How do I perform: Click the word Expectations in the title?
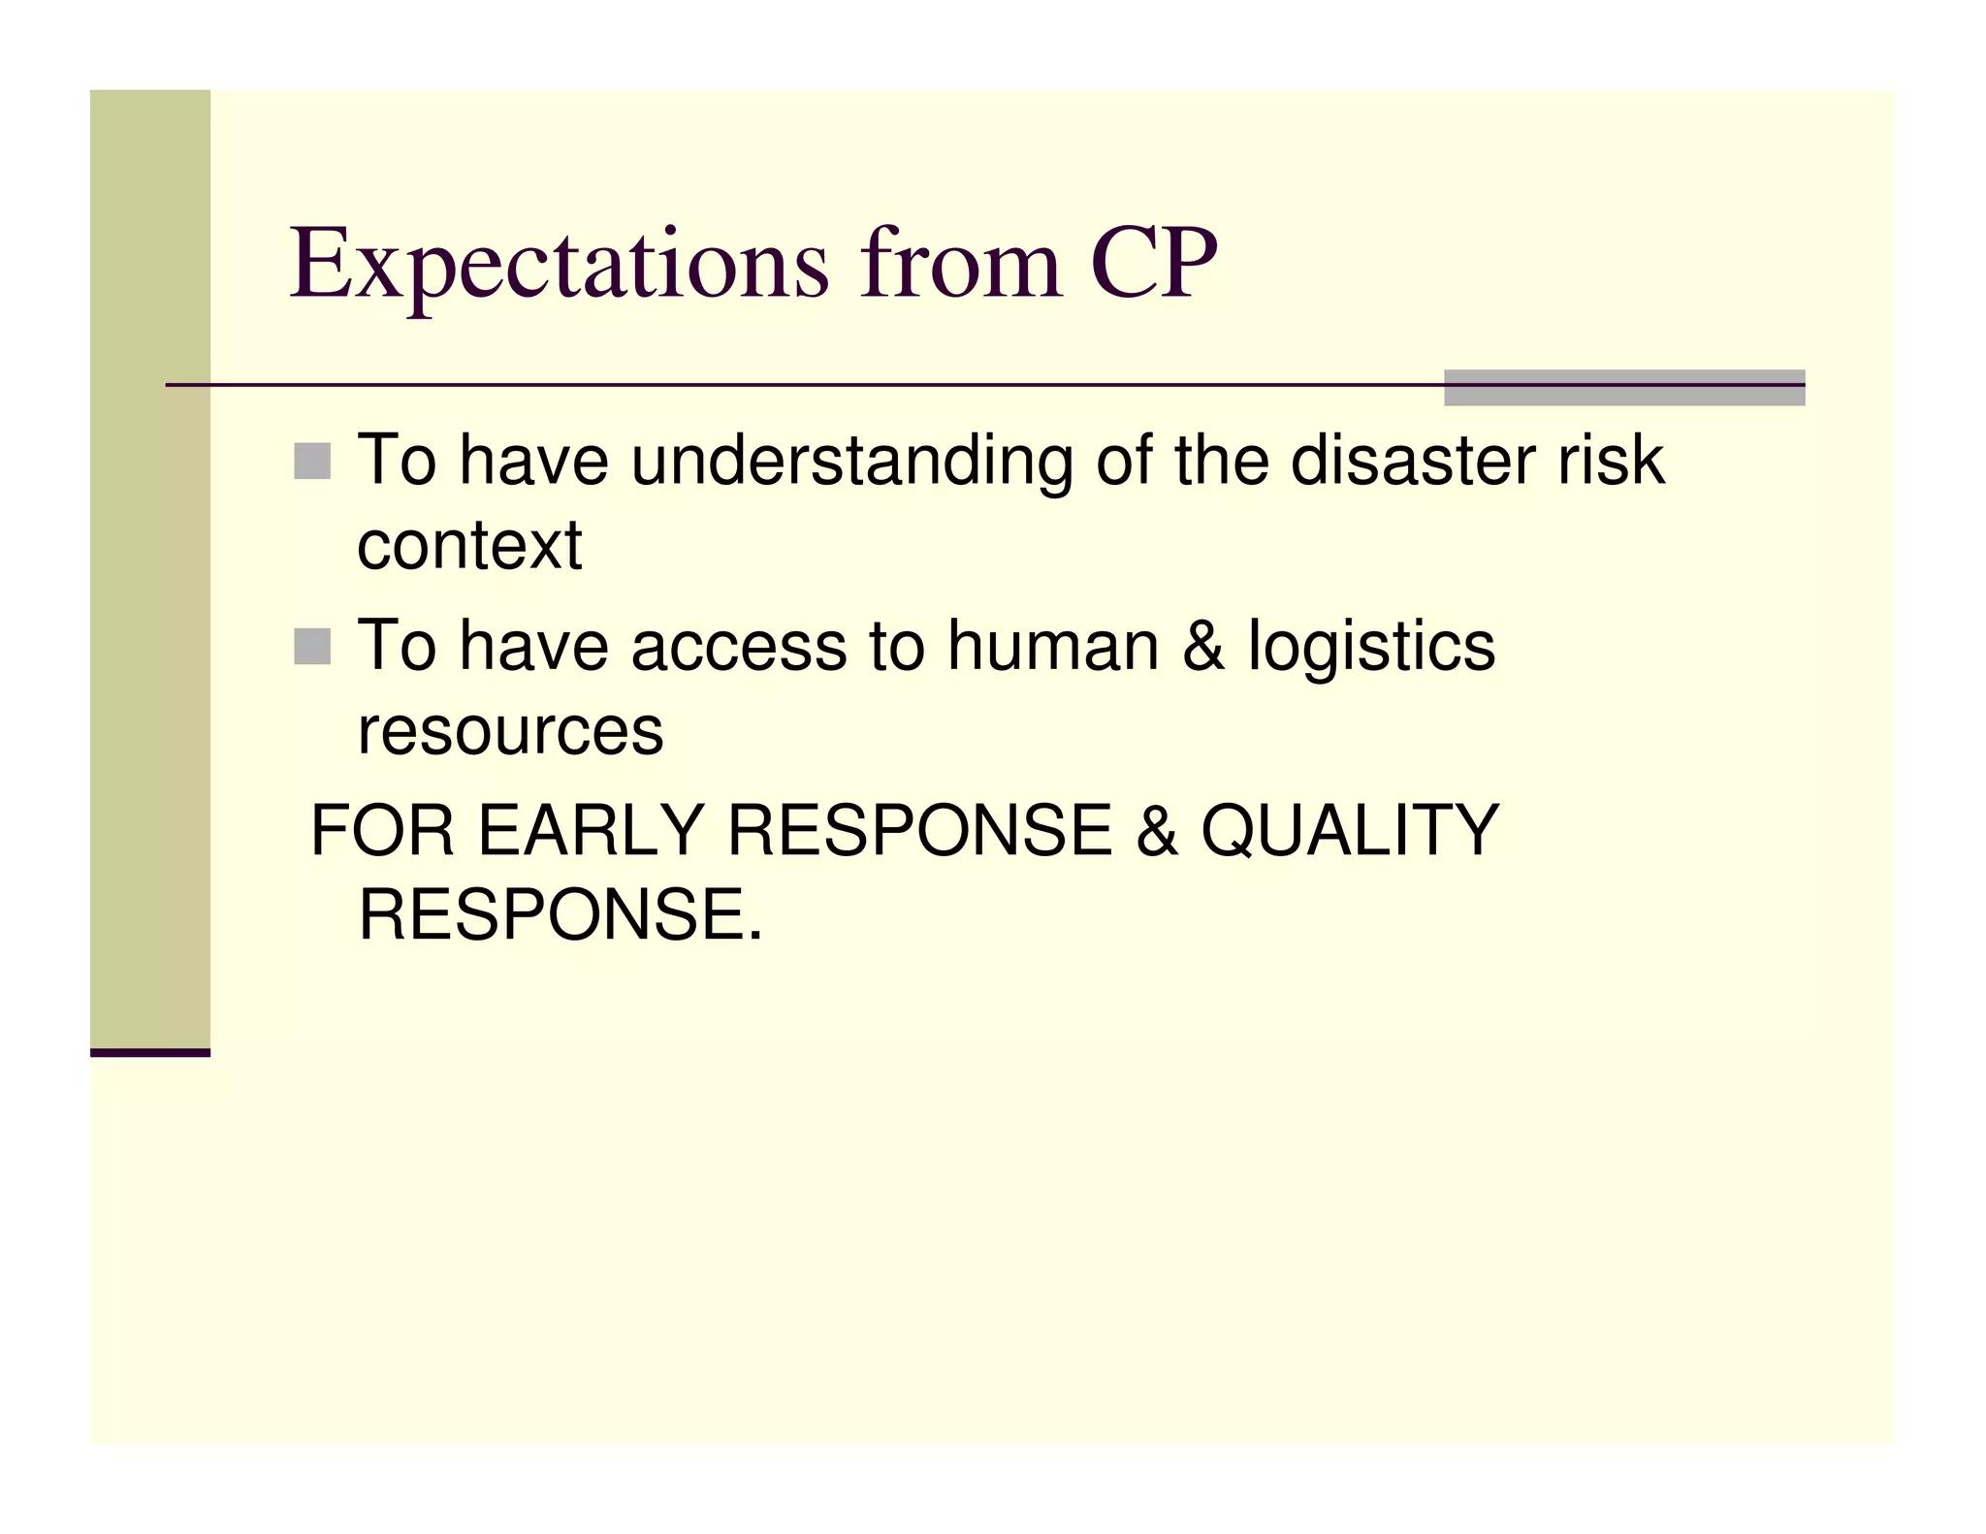(559, 264)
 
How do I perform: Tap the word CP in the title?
(1153, 264)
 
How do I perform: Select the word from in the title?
(960, 264)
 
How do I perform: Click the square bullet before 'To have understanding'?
(312, 462)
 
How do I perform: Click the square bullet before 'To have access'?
(312, 647)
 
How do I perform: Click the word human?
(1053, 646)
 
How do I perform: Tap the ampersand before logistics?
(1203, 646)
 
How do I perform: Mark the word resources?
(510, 731)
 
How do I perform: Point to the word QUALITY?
(1350, 831)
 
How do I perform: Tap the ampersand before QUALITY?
(1156, 831)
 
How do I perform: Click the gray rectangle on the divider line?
(1623, 388)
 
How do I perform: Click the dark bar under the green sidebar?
(150, 1052)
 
